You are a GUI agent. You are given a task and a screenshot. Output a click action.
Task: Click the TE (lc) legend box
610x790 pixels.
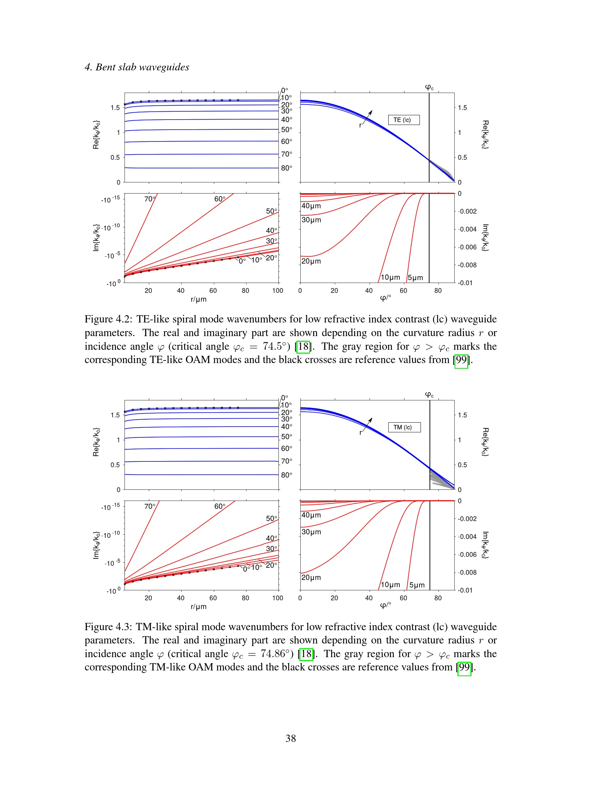tap(403, 120)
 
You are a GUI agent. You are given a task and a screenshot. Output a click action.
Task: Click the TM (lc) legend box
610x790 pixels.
tap(404, 427)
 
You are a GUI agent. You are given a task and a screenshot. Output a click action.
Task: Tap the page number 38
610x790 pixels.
tap(291, 738)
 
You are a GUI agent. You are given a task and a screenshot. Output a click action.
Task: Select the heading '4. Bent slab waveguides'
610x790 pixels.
tap(137, 67)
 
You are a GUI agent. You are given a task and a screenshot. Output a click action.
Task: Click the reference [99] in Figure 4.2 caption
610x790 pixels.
tap(461, 360)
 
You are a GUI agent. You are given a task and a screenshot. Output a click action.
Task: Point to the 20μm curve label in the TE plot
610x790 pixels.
tap(311, 261)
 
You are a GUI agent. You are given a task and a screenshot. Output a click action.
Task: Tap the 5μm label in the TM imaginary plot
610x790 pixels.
tap(417, 585)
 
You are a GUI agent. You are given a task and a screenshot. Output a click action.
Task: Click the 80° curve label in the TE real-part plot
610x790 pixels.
tap(287, 168)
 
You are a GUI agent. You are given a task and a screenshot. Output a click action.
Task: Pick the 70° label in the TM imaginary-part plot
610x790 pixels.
tap(150, 506)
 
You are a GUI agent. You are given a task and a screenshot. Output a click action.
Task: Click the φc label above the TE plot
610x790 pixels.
tap(429, 87)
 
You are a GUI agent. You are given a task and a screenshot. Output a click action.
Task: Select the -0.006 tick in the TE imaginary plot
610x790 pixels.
tap(467, 247)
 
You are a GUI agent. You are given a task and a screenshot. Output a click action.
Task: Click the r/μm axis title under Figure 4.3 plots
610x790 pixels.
tap(198, 607)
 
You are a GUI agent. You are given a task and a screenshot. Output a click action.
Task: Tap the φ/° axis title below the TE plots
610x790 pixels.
tap(385, 298)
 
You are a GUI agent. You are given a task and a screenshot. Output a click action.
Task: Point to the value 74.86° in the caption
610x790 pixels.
tap(277, 654)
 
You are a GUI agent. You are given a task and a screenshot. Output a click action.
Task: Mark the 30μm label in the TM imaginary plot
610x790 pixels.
tap(311, 532)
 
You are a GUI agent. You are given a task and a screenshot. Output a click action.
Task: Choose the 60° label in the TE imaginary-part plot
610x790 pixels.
tap(220, 199)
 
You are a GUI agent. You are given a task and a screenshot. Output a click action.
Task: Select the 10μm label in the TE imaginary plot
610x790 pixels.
tap(390, 278)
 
